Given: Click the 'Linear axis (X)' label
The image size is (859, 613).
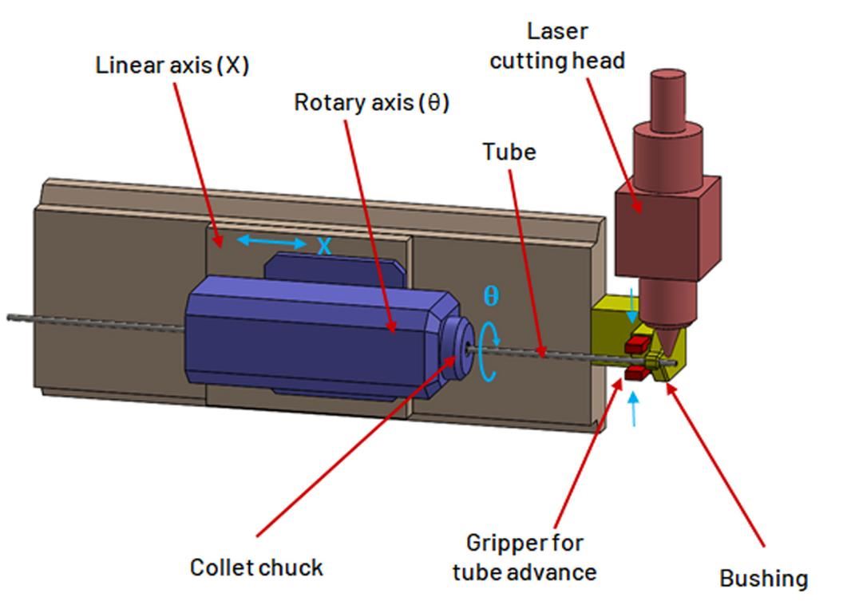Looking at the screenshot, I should point(172,65).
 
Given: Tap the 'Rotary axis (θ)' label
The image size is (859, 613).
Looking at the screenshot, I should point(371,103).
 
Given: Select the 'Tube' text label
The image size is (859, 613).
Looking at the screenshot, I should point(509,152).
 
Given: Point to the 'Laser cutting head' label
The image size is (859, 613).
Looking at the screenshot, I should point(557,45).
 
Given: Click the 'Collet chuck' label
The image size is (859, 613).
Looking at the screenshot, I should point(256,568).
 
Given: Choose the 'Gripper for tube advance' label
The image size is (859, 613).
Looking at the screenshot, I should point(524,557).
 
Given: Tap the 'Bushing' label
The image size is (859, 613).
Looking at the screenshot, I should point(763,578).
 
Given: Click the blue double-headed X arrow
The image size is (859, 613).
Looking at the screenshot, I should point(271,242).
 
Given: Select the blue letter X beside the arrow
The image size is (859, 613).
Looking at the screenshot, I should point(323,246).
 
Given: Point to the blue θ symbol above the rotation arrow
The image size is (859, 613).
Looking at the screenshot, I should point(491,295).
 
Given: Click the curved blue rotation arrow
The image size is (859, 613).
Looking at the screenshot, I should point(488,356).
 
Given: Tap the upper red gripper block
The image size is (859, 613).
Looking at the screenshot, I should point(637,345).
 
